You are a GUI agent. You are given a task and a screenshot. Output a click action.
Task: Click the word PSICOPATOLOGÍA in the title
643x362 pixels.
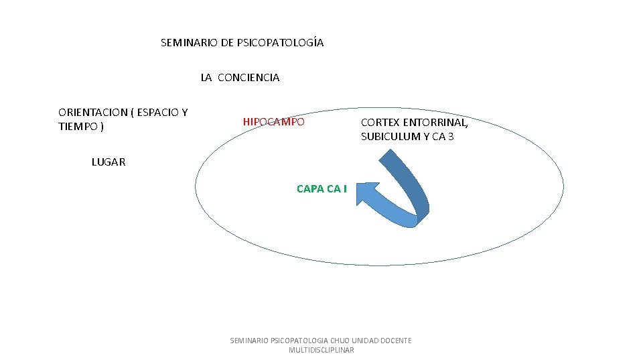tap(280, 43)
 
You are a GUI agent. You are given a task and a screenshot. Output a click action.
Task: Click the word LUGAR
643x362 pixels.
tap(108, 162)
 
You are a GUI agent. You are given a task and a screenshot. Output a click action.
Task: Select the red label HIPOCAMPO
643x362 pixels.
tap(273, 122)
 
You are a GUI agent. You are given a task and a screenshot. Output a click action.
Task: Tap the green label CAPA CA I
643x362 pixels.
tap(321, 188)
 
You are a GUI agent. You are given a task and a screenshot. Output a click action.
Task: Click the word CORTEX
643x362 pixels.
tap(380, 123)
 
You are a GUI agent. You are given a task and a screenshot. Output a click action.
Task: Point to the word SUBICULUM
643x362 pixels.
tap(390, 137)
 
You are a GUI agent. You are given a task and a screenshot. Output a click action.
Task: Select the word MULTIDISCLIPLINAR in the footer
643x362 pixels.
tap(321, 350)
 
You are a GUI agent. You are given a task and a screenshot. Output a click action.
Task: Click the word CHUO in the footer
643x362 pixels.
tap(340, 341)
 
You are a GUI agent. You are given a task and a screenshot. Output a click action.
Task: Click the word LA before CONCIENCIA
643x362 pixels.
tap(206, 78)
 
